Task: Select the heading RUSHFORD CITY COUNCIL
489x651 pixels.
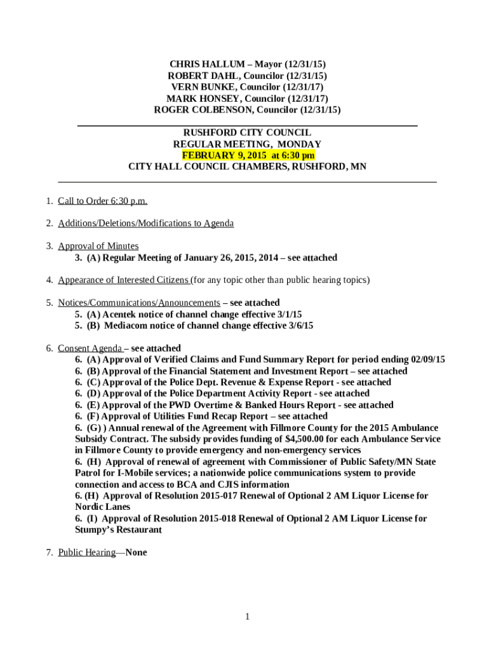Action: pyautogui.click(x=247, y=132)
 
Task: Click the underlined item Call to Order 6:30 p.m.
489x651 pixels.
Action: pyautogui.click(x=102, y=201)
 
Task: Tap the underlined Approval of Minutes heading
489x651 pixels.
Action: pyautogui.click(x=98, y=246)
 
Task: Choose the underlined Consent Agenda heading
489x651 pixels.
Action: pyautogui.click(x=90, y=348)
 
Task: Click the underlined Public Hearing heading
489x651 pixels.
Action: pyautogui.click(x=87, y=552)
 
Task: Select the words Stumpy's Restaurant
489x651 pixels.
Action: pyautogui.click(x=118, y=530)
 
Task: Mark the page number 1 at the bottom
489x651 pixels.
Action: pyautogui.click(x=248, y=616)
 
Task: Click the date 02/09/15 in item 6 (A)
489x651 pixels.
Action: pyautogui.click(x=428, y=359)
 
